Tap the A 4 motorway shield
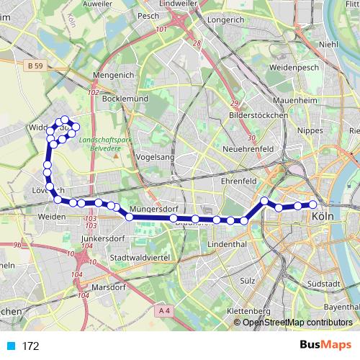point(164,310)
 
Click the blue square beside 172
point(10,346)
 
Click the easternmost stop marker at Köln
point(313,204)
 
